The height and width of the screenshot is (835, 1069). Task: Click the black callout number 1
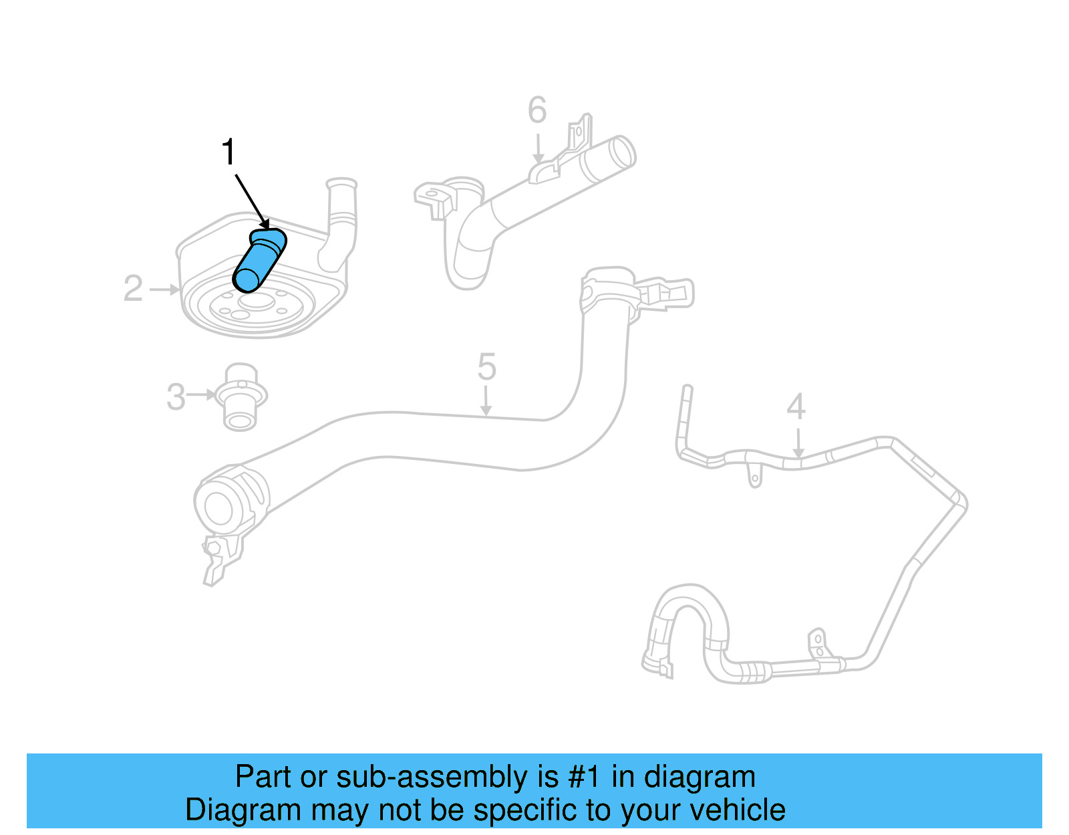[x=228, y=152]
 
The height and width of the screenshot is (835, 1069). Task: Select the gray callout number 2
[x=133, y=289]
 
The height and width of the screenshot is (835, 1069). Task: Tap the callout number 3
[x=176, y=396]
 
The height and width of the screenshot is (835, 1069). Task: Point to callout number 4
[x=796, y=406]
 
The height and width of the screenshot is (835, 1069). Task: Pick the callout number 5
[x=486, y=367]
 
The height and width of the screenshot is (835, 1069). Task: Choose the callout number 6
[x=537, y=110]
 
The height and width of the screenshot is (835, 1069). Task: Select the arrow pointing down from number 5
[x=486, y=401]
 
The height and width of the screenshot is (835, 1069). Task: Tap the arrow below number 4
[x=798, y=443]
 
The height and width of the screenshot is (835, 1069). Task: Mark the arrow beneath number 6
[x=538, y=149]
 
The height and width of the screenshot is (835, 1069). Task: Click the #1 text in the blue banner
[x=585, y=778]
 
